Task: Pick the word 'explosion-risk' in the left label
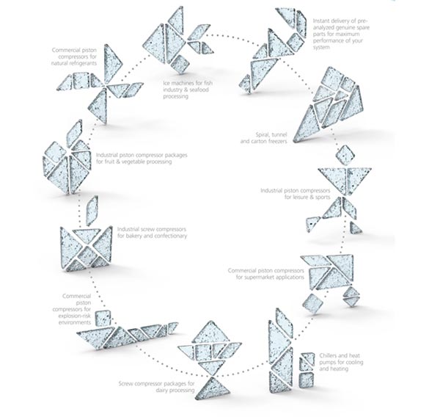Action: pos(74,316)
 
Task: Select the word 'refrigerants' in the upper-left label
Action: pos(81,63)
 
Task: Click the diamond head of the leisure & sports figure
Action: pos(345,156)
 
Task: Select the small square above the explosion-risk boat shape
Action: pos(103,318)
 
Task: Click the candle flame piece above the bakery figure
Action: pos(92,211)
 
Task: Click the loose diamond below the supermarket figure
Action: pos(313,304)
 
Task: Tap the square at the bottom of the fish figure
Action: pos(180,64)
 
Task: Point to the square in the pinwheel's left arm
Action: pos(81,80)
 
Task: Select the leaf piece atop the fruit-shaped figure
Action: pos(74,134)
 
